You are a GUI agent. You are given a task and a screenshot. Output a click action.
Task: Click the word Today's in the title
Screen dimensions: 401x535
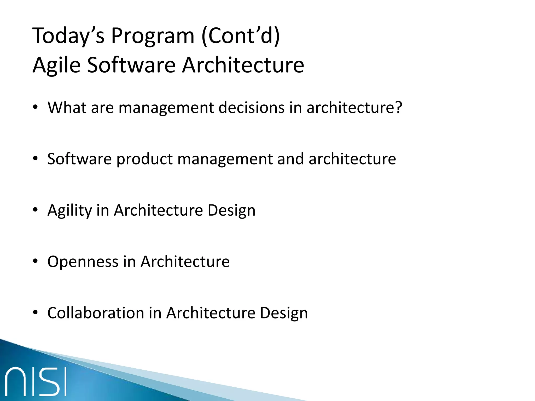[x=68, y=36]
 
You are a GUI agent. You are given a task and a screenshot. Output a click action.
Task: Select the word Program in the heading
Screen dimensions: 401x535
[x=153, y=36]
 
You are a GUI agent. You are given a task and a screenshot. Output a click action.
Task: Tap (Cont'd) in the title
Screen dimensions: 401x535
[x=241, y=36]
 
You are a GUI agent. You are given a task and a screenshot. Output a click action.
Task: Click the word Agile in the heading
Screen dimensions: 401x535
[x=56, y=65]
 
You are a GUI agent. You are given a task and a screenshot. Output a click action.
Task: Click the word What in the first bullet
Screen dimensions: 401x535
[x=67, y=107]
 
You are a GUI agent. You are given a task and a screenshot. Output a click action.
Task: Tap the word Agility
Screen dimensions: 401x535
[x=69, y=210]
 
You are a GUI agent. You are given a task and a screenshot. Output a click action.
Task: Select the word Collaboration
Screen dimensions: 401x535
[x=96, y=313]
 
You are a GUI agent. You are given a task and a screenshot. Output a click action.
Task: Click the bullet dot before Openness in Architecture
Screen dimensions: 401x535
[x=36, y=261]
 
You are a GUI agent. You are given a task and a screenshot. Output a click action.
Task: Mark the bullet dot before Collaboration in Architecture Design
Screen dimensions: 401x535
[x=36, y=312]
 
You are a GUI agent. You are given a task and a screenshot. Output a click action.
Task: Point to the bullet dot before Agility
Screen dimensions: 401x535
[x=36, y=210]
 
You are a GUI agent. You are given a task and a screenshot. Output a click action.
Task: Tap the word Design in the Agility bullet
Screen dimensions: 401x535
[x=231, y=210]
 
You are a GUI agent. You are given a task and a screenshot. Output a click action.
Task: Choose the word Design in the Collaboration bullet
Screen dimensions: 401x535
[x=284, y=313]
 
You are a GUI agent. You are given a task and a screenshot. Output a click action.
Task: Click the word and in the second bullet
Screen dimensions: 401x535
[x=290, y=159]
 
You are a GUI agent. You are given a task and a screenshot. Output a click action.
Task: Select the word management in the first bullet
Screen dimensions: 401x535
[x=166, y=107]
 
